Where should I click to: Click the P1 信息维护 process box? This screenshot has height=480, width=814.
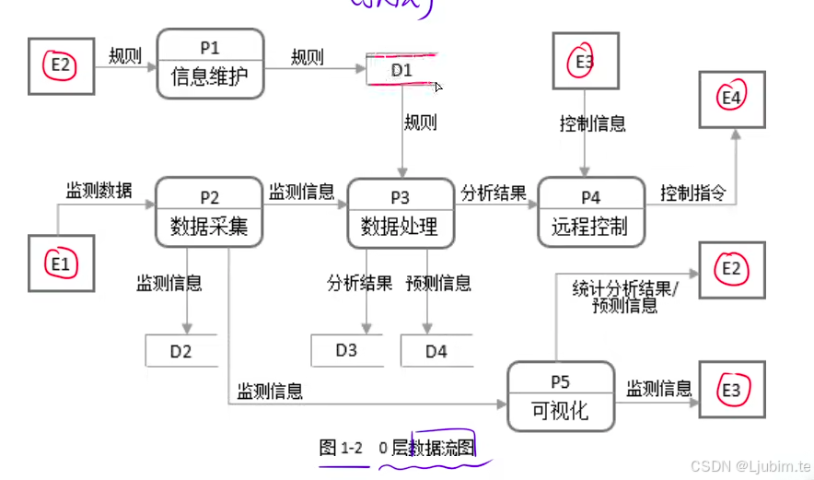(210, 64)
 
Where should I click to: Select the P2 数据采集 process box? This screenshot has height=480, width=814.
(209, 212)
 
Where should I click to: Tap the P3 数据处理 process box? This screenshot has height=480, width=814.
(401, 212)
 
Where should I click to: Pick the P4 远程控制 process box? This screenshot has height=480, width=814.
(590, 212)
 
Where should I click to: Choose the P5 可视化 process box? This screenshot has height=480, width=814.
(560, 396)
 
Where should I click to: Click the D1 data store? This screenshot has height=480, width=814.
(402, 70)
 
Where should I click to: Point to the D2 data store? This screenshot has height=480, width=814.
(181, 351)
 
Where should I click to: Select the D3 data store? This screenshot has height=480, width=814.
(346, 350)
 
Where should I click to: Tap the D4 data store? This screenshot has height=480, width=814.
(436, 351)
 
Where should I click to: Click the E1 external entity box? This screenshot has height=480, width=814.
(61, 264)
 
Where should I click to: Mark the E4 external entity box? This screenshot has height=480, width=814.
(731, 97)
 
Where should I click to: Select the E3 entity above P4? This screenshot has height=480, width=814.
(584, 62)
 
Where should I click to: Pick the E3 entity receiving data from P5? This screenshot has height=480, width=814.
(731, 391)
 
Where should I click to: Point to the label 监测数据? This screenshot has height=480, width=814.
(99, 191)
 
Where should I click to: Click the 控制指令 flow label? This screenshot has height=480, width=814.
(692, 193)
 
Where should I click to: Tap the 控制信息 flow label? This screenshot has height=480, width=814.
(593, 123)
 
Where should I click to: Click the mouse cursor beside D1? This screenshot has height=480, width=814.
(438, 87)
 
